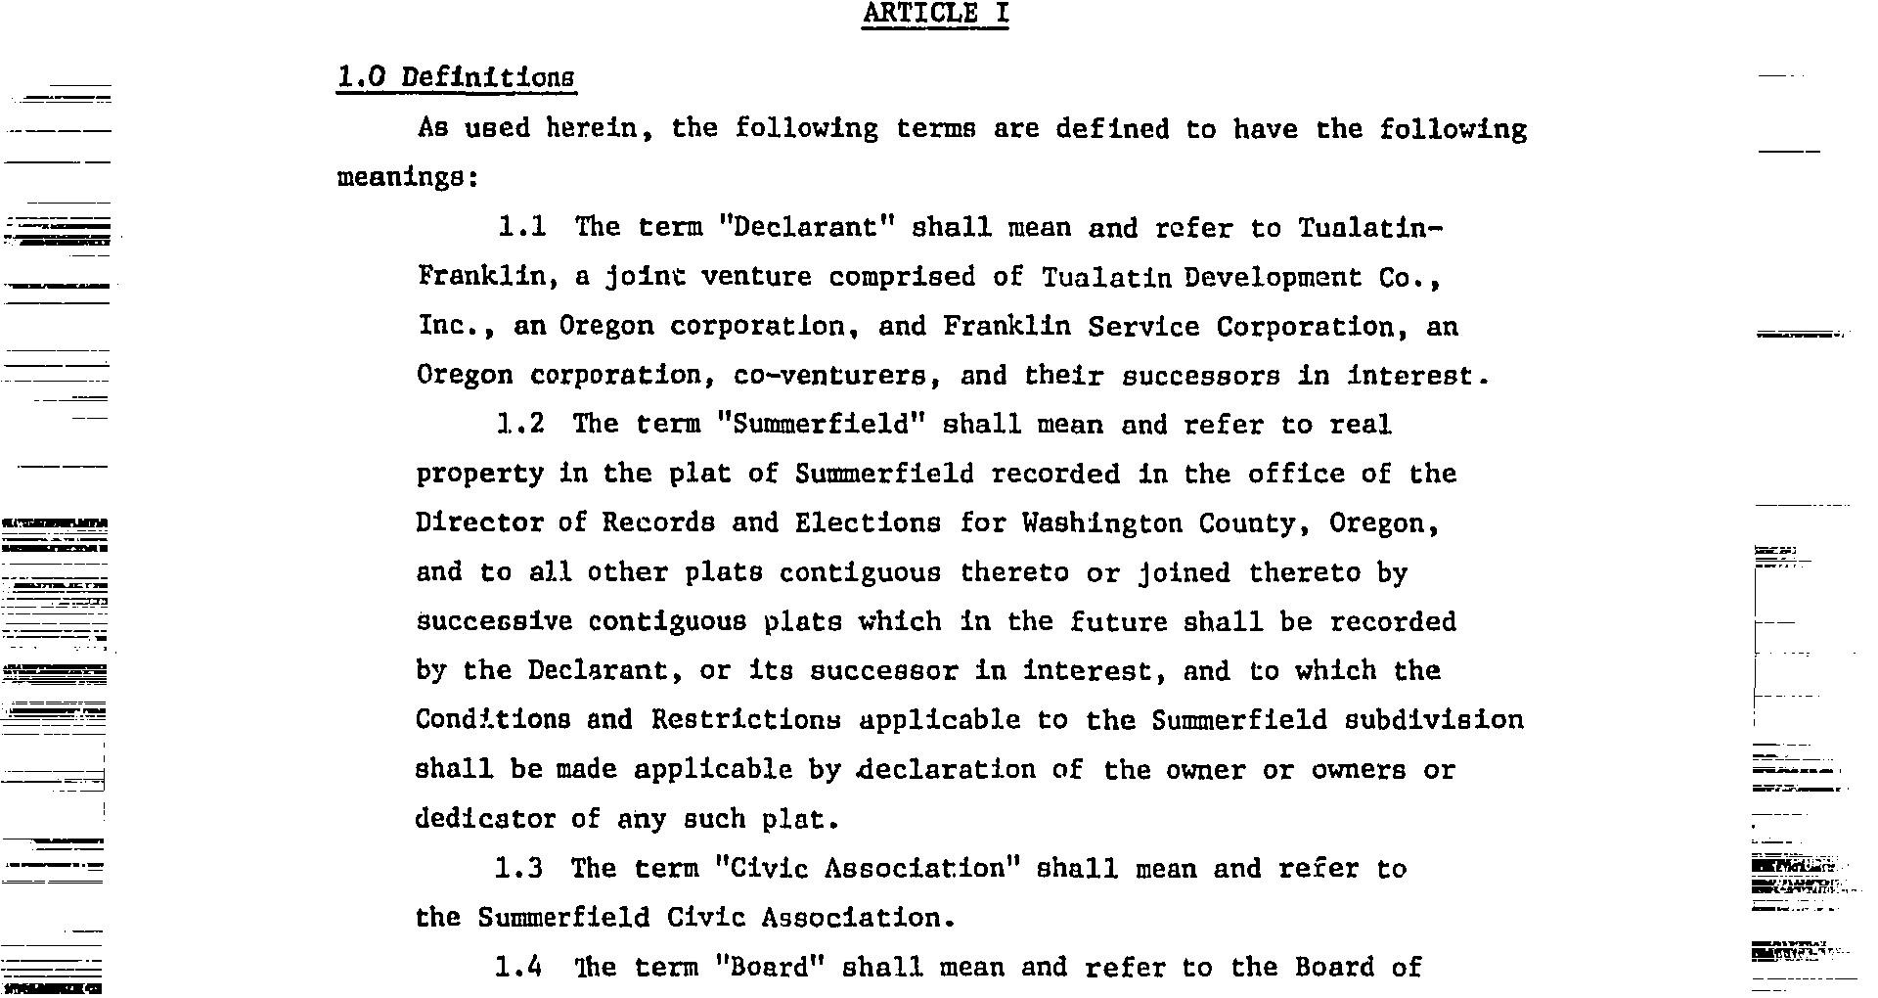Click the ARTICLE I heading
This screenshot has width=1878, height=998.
pyautogui.click(x=934, y=14)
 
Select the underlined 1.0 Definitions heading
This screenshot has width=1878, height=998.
pyautogui.click(x=456, y=77)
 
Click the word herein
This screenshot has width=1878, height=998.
pyautogui.click(x=599, y=128)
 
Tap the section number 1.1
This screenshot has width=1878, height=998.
pyautogui.click(x=521, y=227)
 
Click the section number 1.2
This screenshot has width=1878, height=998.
pyautogui.click(x=520, y=424)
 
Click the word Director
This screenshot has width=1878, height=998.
pyautogui.click(x=478, y=522)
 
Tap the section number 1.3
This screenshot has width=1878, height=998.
pyautogui.click(x=518, y=868)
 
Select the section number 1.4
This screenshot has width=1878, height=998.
pyautogui.click(x=518, y=967)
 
